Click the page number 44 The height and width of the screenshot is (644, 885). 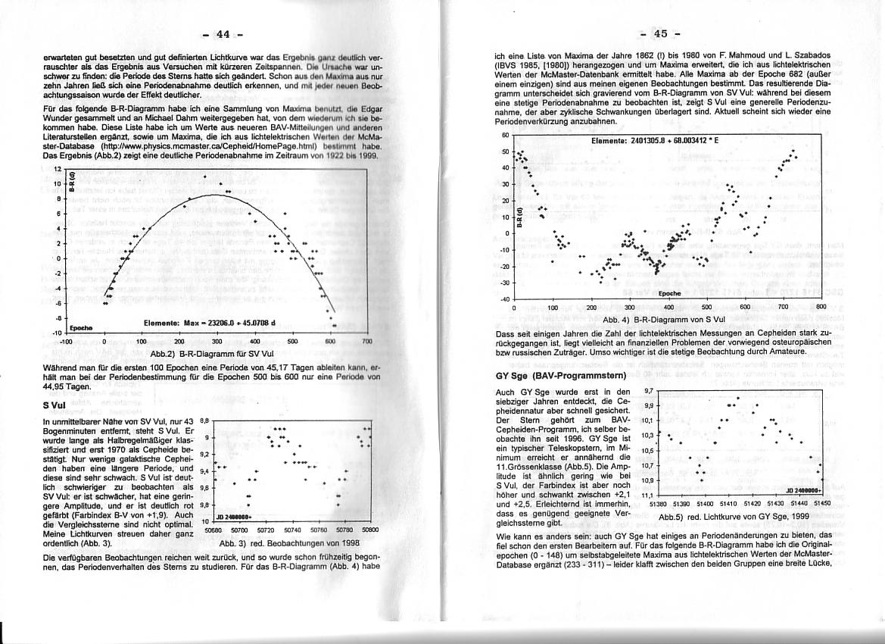[x=222, y=34]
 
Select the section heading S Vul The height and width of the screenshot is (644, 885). [x=57, y=405]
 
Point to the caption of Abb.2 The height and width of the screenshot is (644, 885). [x=196, y=354]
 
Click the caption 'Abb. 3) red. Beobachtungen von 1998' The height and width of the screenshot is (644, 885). [x=288, y=543]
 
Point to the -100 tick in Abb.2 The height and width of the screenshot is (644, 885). [x=65, y=342]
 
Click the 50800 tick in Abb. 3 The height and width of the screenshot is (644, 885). [x=369, y=531]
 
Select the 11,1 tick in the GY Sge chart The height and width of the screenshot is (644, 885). [x=648, y=496]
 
